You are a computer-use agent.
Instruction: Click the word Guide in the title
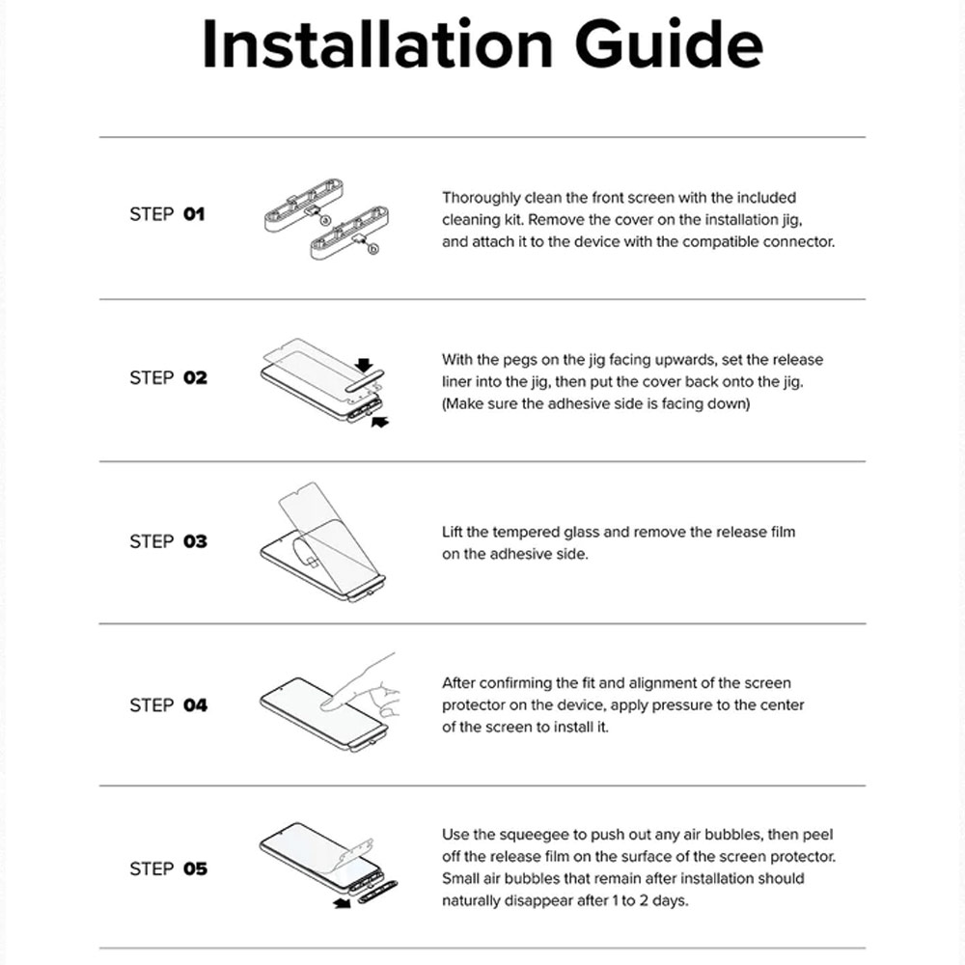tap(669, 44)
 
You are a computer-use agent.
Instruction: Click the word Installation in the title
tap(378, 44)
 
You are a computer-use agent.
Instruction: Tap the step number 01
tap(194, 214)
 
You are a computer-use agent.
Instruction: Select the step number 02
tap(195, 378)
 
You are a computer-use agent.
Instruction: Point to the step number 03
tap(195, 541)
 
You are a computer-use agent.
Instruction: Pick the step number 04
tap(195, 705)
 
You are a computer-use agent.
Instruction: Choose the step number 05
tap(195, 869)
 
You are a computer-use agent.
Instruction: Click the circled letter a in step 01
tap(326, 220)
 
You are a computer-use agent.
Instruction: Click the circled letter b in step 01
tap(372, 249)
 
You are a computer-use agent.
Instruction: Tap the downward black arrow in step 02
tap(365, 365)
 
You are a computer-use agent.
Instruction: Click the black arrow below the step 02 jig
tap(380, 422)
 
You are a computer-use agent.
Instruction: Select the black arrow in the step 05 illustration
tap(342, 903)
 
